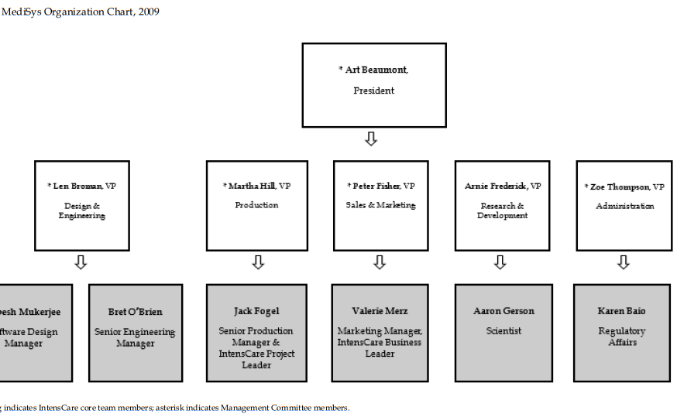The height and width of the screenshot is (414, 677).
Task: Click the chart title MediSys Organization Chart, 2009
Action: point(81,12)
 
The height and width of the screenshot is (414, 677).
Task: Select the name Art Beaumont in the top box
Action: point(375,70)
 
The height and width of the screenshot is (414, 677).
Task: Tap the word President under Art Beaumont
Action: point(373,91)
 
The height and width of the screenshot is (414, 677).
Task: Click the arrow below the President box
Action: point(371,139)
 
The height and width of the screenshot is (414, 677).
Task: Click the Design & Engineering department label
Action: point(81,210)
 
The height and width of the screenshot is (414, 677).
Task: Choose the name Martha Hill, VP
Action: point(258,186)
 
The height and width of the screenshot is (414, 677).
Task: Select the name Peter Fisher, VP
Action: point(381,186)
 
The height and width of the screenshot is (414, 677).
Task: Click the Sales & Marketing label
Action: point(380,205)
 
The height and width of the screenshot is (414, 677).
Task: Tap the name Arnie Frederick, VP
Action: point(503,186)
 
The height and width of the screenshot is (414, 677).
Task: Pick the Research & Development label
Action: point(502,210)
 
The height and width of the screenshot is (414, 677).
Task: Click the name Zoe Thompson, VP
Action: point(625,187)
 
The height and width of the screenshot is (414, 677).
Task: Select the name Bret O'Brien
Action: point(136,312)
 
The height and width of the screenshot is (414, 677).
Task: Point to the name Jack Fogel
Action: point(256,311)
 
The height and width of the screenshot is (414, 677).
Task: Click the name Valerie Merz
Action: point(379,311)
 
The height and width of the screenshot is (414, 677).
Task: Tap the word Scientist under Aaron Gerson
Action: point(503,330)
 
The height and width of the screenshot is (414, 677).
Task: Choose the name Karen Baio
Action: point(621,311)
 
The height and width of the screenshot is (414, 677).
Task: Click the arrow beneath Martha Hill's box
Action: point(258,262)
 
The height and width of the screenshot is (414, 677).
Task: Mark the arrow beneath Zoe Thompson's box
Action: point(623,262)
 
